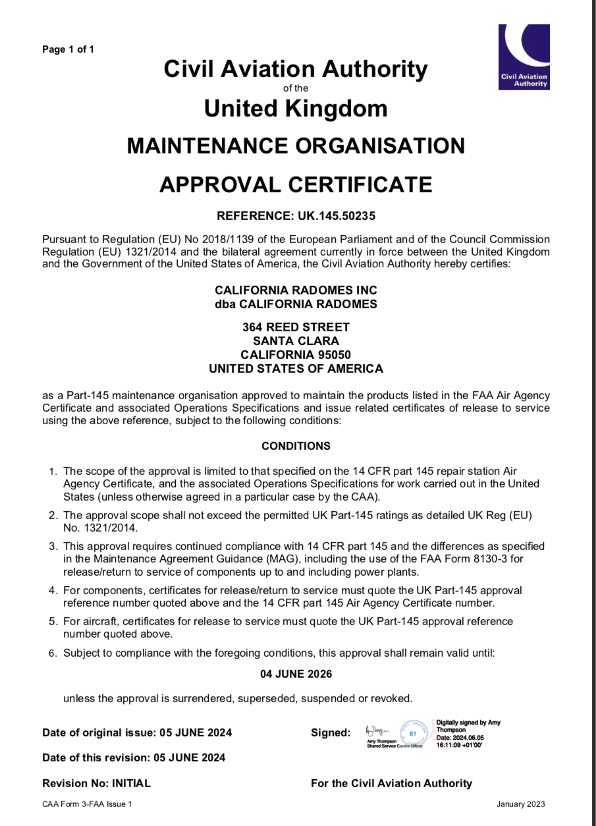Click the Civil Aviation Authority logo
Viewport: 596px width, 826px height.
tap(524, 57)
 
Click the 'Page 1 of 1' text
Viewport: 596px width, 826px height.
tap(68, 49)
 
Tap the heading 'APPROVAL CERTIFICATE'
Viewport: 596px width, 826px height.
tap(296, 184)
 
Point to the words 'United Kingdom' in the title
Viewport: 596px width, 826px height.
tap(296, 108)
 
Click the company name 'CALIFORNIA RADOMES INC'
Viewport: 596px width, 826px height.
tap(296, 290)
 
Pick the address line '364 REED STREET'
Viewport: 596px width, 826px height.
tap(296, 327)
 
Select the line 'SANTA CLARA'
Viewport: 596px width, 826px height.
tap(296, 341)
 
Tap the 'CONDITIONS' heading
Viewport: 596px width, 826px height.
tap(296, 446)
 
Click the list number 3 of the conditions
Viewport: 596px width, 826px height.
tap(53, 547)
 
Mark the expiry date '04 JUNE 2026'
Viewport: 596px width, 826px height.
tap(296, 674)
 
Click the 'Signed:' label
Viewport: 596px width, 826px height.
tap(330, 732)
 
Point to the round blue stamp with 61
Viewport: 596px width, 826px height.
tap(414, 732)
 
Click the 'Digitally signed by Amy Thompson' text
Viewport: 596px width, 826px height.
tap(468, 726)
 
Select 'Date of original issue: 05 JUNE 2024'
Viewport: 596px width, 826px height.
tap(137, 732)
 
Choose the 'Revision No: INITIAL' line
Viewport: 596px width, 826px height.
tap(96, 783)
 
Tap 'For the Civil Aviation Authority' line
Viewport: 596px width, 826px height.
tap(391, 783)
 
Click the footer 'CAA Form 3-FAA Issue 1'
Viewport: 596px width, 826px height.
tap(87, 804)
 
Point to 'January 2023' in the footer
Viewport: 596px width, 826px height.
tap(520, 804)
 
